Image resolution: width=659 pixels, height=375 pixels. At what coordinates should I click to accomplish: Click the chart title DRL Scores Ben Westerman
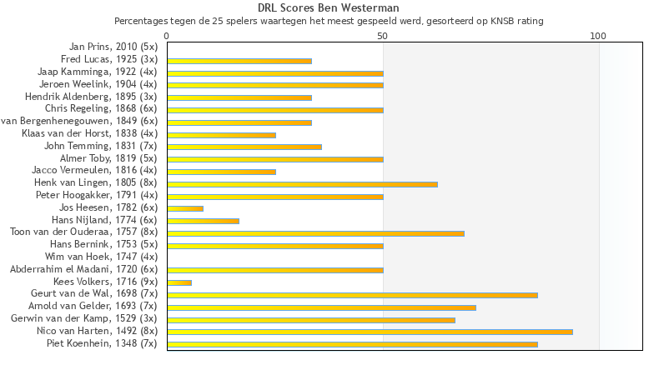[x=329, y=8]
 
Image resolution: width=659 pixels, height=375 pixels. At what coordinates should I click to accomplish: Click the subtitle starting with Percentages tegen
[x=329, y=20]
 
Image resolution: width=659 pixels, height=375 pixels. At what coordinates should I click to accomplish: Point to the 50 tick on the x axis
[x=383, y=36]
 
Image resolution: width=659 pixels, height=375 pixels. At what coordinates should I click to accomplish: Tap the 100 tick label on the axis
[x=598, y=36]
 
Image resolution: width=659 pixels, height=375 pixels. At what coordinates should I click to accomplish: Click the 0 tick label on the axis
[x=167, y=36]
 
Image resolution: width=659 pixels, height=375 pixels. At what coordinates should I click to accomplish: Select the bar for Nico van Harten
[x=370, y=332]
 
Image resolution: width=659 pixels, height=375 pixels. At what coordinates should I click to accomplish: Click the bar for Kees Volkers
[x=179, y=282]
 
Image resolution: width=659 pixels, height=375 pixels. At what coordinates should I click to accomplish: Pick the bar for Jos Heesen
[x=185, y=208]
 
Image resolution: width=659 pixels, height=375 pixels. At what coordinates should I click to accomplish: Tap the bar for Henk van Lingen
[x=302, y=183]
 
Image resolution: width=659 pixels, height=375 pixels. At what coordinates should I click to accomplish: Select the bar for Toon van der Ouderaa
[x=315, y=233]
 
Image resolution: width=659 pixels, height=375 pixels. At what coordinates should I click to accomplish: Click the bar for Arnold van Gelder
[x=321, y=307]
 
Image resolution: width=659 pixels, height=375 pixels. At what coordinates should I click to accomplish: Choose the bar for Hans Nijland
[x=203, y=221]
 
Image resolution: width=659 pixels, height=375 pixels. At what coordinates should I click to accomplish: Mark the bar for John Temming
[x=244, y=147]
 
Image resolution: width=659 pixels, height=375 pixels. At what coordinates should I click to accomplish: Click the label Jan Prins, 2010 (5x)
[x=112, y=47]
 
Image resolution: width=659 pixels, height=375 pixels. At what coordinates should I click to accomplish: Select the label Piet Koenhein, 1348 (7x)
[x=102, y=343]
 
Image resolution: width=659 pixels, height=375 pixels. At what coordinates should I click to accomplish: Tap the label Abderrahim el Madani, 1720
[x=83, y=270]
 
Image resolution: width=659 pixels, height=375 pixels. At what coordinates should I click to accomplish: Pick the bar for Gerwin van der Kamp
[x=311, y=319]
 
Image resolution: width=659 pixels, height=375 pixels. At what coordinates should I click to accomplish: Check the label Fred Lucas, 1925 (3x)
[x=109, y=60]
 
